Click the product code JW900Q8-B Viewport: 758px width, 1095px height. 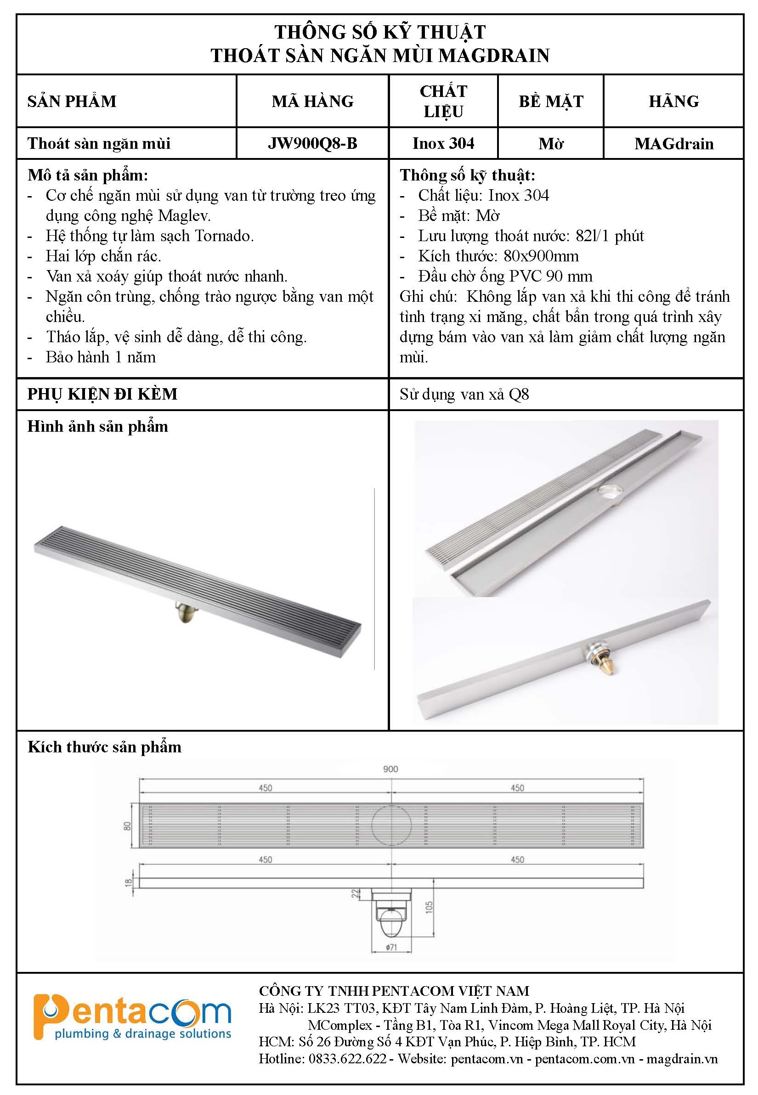point(312,143)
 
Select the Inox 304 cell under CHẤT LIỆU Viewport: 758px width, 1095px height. point(443,143)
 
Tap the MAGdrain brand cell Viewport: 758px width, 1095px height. point(673,143)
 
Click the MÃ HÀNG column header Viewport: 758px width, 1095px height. point(312,101)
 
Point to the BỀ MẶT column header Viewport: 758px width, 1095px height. point(550,101)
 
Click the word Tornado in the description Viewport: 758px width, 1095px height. point(228,236)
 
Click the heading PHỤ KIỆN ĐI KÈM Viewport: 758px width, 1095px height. point(102,394)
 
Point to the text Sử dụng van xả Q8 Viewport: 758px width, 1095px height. point(464,394)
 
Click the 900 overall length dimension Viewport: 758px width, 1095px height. point(390,769)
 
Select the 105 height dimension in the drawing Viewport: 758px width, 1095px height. point(430,908)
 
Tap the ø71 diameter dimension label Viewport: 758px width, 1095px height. point(391,947)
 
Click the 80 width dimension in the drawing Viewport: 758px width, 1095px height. point(127,826)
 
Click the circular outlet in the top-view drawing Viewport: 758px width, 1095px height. point(392,825)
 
